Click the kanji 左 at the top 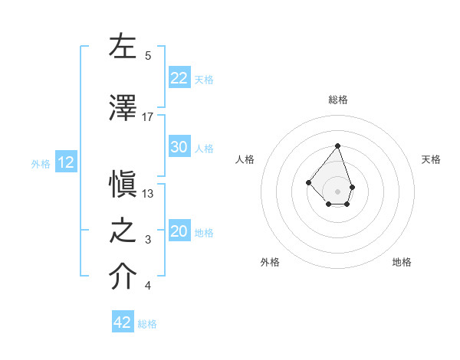coord(123,47)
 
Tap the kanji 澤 coord(123,108)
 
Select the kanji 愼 coord(123,185)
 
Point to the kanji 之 coord(123,231)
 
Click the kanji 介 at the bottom coord(123,278)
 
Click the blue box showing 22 coord(179,78)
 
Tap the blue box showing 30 coord(179,147)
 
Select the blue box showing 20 coord(179,231)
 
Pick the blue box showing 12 coord(65,162)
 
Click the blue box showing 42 coord(123,322)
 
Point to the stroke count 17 coord(148,117)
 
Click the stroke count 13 coord(148,194)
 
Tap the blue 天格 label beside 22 coord(203,79)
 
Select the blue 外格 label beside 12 coord(41,163)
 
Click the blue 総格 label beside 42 coord(147,323)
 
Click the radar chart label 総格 coord(338,100)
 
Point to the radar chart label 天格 coord(432,159)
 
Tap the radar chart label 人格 coord(245,159)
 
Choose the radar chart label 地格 coord(402,262)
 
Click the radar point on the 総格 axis coord(337,146)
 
